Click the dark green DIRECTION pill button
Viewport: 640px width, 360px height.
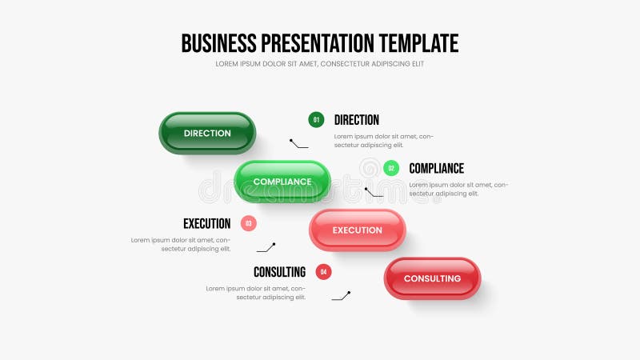click(x=207, y=133)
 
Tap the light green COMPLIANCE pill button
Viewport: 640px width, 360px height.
click(x=282, y=182)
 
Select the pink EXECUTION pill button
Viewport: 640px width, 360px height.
click(x=358, y=230)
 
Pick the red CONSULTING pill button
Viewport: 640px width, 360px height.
click(x=433, y=278)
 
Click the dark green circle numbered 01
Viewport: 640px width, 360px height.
click(x=316, y=120)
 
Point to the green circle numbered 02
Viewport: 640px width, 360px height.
click(x=391, y=168)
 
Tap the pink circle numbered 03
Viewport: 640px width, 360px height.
click(x=249, y=224)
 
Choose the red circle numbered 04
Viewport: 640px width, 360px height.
click(x=323, y=272)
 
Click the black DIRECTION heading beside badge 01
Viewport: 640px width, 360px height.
click(x=357, y=120)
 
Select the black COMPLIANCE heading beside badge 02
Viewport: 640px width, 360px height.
click(x=436, y=168)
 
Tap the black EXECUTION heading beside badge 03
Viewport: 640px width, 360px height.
click(x=206, y=224)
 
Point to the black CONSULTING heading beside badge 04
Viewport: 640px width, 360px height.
click(x=279, y=272)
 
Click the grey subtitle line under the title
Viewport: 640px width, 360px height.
click(x=320, y=64)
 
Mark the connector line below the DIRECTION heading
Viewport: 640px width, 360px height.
click(x=299, y=144)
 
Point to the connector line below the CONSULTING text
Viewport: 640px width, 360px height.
click(x=341, y=296)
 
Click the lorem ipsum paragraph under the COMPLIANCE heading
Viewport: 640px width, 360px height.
click(x=458, y=189)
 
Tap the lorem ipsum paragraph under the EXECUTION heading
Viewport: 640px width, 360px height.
click(x=181, y=244)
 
